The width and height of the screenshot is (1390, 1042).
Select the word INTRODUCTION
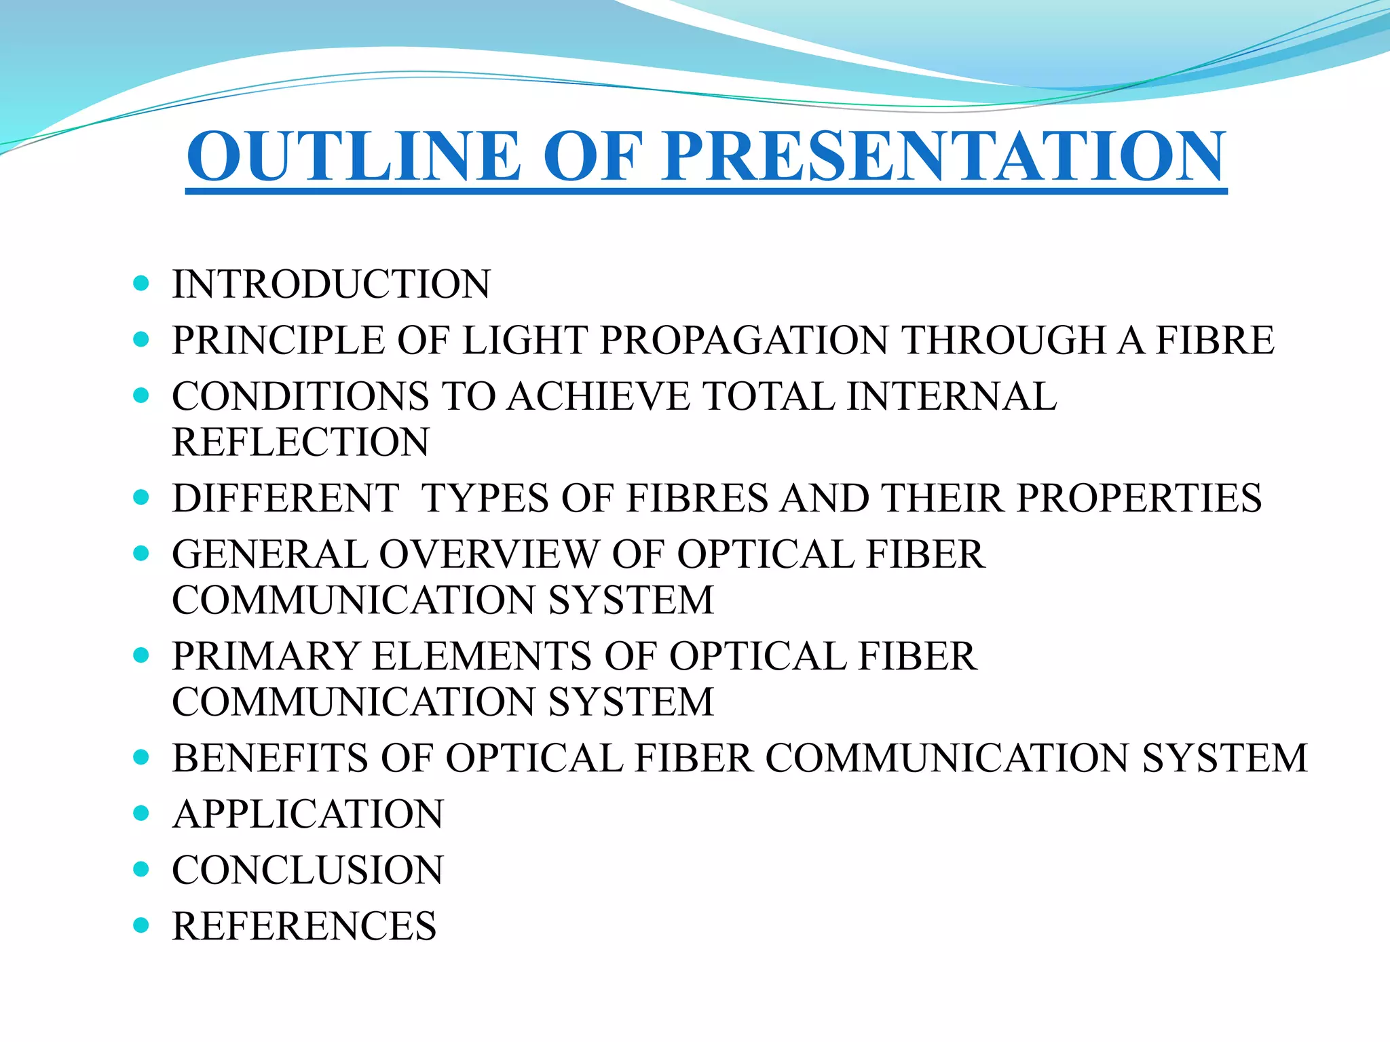(x=331, y=284)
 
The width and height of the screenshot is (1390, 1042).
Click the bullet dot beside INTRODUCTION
(x=141, y=284)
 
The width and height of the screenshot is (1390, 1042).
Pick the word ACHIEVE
(x=598, y=396)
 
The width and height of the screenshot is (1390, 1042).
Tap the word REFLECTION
(x=301, y=442)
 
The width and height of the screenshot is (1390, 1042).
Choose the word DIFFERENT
(x=286, y=499)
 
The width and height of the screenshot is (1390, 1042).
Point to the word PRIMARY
(x=265, y=657)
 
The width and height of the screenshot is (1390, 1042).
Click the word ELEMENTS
(x=482, y=657)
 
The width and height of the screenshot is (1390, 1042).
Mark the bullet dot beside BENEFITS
(x=141, y=757)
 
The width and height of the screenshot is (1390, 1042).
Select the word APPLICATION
(x=308, y=814)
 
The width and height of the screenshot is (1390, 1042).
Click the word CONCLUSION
(x=308, y=870)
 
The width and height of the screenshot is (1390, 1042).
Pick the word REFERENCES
(x=304, y=927)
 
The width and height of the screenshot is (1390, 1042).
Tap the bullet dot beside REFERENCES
(x=141, y=925)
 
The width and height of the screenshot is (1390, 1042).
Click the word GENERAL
(x=269, y=555)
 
